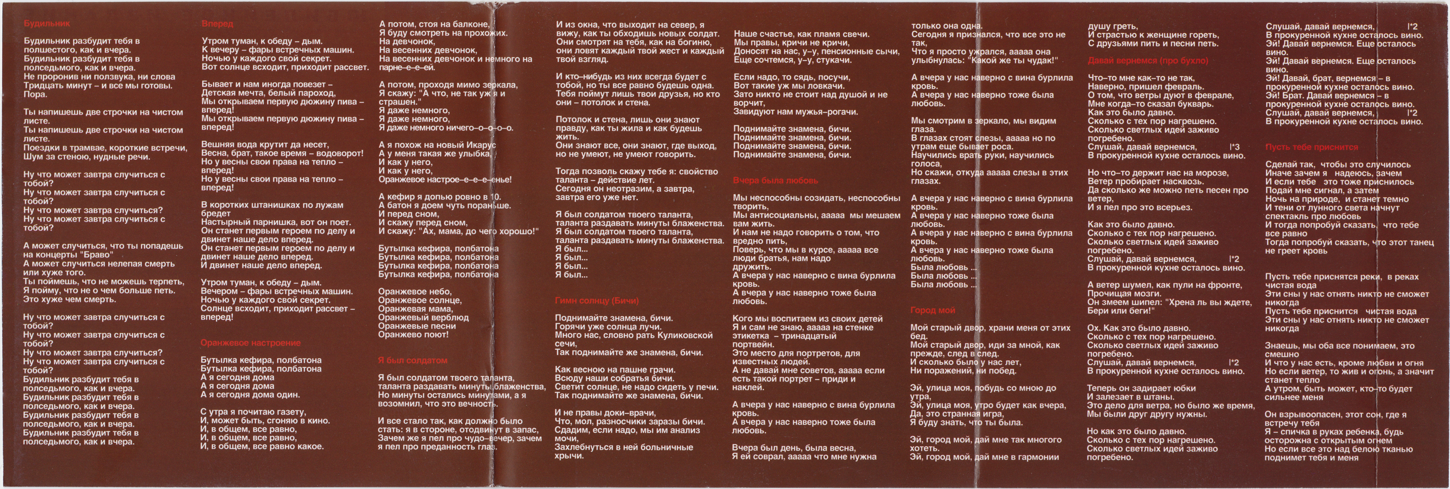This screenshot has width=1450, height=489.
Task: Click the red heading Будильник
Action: (x=47, y=24)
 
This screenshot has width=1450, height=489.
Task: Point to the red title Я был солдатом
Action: (x=413, y=361)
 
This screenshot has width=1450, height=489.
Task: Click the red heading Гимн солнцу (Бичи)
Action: (x=597, y=301)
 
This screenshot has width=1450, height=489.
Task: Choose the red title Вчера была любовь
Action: (x=775, y=181)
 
